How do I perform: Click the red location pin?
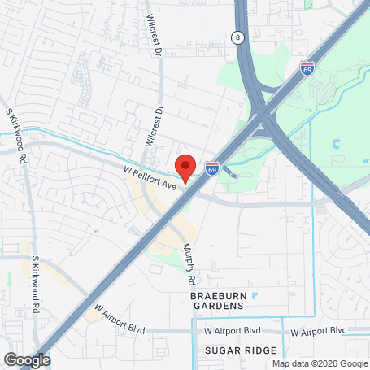(186, 167)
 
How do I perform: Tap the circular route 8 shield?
(237, 37)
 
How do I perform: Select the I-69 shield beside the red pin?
(212, 168)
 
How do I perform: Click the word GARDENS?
(217, 306)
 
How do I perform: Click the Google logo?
(27, 359)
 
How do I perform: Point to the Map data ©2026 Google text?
(320, 364)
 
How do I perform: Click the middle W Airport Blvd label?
(232, 331)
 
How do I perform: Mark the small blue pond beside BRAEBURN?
(254, 294)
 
